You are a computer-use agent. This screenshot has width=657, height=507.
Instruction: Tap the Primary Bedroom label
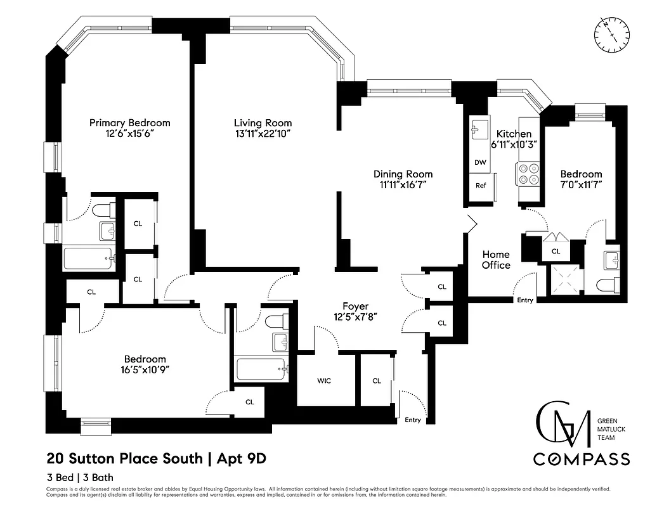click(129, 123)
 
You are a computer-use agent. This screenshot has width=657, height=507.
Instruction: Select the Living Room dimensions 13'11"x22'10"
click(263, 134)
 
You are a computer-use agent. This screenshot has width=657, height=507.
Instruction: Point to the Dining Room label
click(403, 174)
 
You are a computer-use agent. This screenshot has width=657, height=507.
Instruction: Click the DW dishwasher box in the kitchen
click(480, 162)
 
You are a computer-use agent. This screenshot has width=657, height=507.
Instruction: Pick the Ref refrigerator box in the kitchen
click(481, 186)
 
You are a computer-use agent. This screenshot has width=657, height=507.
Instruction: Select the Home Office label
click(496, 260)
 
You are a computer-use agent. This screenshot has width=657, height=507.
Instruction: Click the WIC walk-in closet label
click(324, 381)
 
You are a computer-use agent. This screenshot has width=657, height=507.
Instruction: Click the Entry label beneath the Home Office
click(525, 300)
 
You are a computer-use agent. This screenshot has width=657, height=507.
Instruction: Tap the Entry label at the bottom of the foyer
click(412, 420)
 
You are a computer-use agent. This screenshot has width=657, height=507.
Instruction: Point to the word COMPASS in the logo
click(581, 459)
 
